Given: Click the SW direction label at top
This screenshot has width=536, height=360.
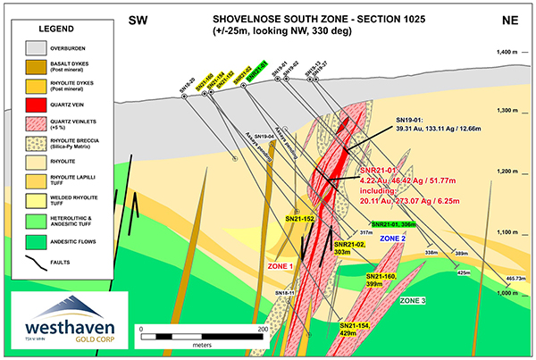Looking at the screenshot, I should pyautogui.click(x=138, y=20).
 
